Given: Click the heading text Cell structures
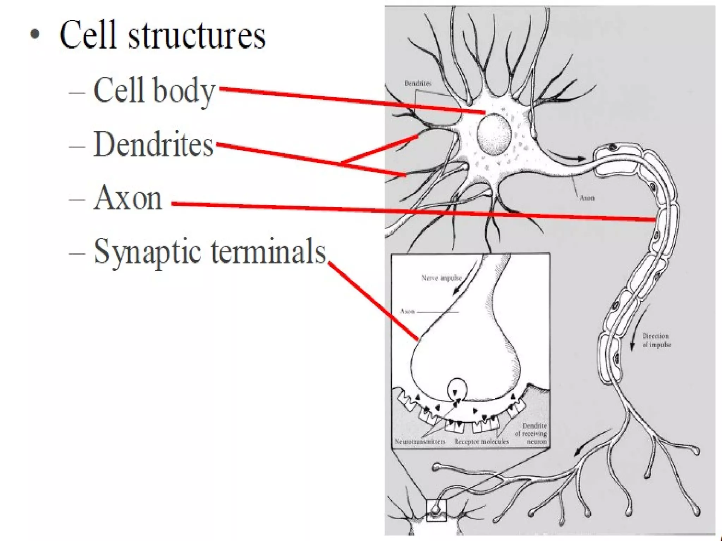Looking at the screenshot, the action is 162,36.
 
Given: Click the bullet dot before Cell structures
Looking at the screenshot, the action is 35,35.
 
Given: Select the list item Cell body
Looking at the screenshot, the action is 154,91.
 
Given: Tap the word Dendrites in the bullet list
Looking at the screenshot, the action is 153,145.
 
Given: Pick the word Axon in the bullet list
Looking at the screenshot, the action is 128,199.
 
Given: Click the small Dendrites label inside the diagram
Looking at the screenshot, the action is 418,83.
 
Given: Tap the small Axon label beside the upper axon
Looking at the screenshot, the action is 587,198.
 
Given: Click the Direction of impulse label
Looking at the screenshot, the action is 656,340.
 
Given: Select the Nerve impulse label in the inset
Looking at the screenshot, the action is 441,278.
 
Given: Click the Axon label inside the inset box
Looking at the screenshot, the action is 407,311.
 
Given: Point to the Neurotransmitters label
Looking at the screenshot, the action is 420,441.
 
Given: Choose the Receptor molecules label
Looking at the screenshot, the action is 482,441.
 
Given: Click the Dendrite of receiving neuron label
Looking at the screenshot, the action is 531,433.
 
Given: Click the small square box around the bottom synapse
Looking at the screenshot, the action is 436,510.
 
